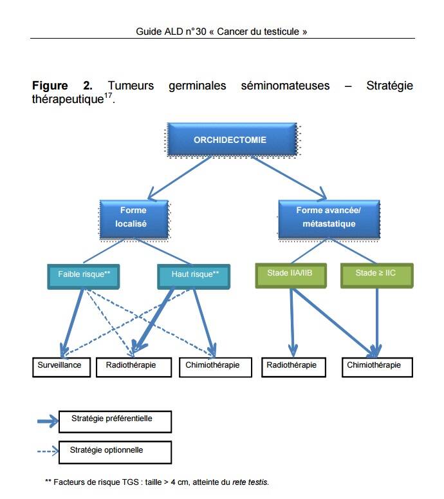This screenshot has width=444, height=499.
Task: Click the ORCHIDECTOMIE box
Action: pyautogui.click(x=230, y=140)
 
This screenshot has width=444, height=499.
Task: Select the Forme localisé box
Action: pyautogui.click(x=133, y=217)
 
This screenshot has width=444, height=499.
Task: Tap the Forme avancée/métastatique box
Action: pyautogui.click(x=329, y=217)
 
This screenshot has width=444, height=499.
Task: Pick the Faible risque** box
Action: pyautogui.click(x=84, y=275)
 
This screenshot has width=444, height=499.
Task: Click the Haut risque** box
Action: pyautogui.click(x=195, y=275)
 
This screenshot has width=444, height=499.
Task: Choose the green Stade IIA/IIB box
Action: pyautogui.click(x=290, y=274)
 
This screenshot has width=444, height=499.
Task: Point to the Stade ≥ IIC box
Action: pyautogui.click(x=376, y=274)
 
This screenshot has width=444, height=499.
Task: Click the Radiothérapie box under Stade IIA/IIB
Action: pyautogui.click(x=292, y=366)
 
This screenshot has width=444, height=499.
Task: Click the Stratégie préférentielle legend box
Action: pyautogui.click(x=115, y=420)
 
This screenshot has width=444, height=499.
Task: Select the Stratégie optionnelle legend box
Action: pyautogui.click(x=115, y=451)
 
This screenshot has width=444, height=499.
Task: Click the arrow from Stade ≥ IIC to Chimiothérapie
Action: pyautogui.click(x=376, y=322)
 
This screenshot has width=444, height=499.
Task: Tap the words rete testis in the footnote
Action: pyautogui.click(x=253, y=482)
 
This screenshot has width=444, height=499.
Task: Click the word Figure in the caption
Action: pyautogui.click(x=50, y=86)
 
